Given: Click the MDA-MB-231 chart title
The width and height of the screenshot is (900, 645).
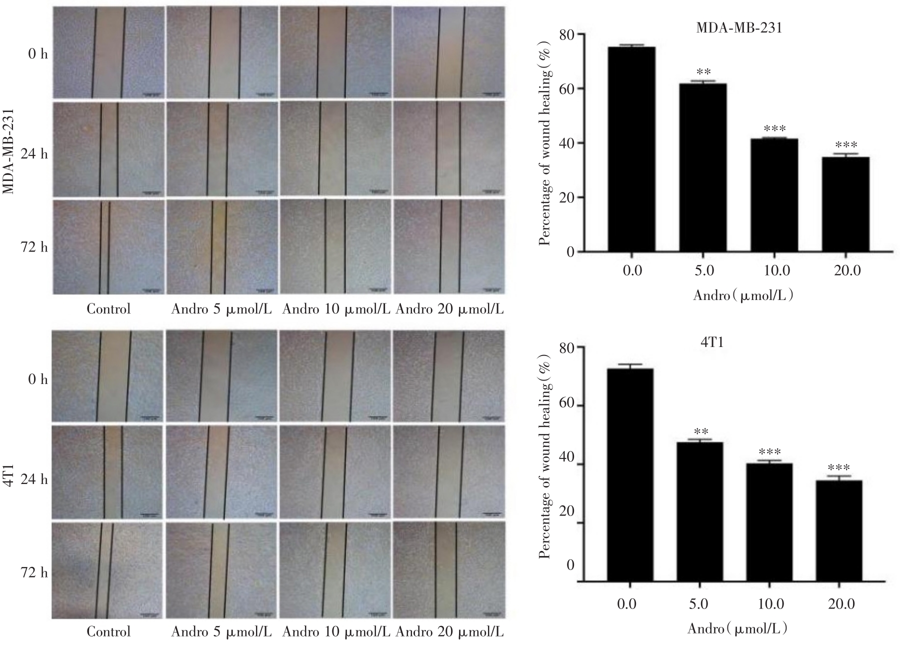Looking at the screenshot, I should pyautogui.click(x=738, y=28).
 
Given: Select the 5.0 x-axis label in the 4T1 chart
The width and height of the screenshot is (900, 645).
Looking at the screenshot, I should pyautogui.click(x=698, y=604).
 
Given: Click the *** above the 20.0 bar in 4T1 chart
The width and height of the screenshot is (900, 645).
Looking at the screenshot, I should pyautogui.click(x=839, y=468).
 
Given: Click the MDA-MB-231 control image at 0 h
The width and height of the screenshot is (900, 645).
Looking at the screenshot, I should pyautogui.click(x=108, y=52).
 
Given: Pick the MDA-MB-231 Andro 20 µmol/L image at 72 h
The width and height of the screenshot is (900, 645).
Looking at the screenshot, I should pyautogui.click(x=448, y=246).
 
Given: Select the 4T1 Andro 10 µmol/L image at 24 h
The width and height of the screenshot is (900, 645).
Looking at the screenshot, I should pyautogui.click(x=335, y=471).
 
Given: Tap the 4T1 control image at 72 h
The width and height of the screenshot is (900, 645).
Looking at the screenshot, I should pyautogui.click(x=108, y=570).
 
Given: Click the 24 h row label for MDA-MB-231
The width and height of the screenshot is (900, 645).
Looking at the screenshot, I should pyautogui.click(x=34, y=153).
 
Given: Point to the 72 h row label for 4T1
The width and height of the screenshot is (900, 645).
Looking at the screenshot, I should pyautogui.click(x=34, y=572).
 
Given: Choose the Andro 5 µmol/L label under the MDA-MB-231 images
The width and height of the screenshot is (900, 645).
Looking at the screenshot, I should pyautogui.click(x=221, y=309).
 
